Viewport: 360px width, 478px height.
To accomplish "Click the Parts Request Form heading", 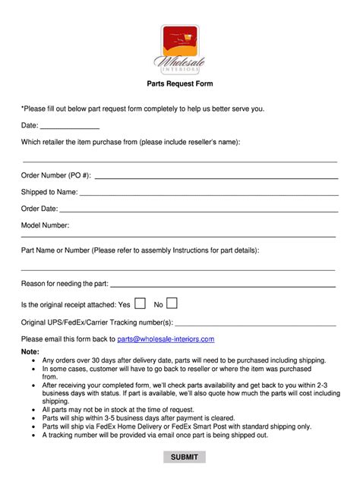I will pos(179,84).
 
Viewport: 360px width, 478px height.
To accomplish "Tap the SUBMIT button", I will pos(184,457).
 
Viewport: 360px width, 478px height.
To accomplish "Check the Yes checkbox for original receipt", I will pos(140,303).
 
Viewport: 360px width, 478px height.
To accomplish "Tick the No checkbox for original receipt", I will pos(172,303).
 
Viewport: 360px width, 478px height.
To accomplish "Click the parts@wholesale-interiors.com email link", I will pos(166,339).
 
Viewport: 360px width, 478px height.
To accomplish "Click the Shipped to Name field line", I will pos(208,194).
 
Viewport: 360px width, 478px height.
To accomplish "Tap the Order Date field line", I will pos(197,210).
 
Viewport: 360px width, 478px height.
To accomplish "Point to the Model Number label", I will pos(46,225).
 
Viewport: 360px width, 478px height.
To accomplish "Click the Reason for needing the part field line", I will pos(223,286).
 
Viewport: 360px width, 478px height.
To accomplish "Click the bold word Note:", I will pos(30,352).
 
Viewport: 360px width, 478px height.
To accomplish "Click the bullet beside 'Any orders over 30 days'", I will pos(35,360).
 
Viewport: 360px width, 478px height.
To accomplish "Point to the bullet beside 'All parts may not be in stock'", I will pos(35,409).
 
